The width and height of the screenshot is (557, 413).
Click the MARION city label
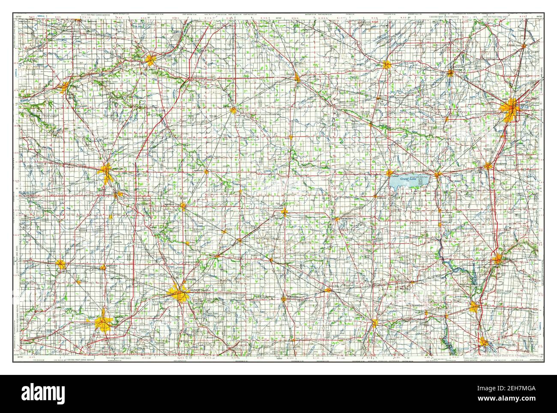coord(117,169)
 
